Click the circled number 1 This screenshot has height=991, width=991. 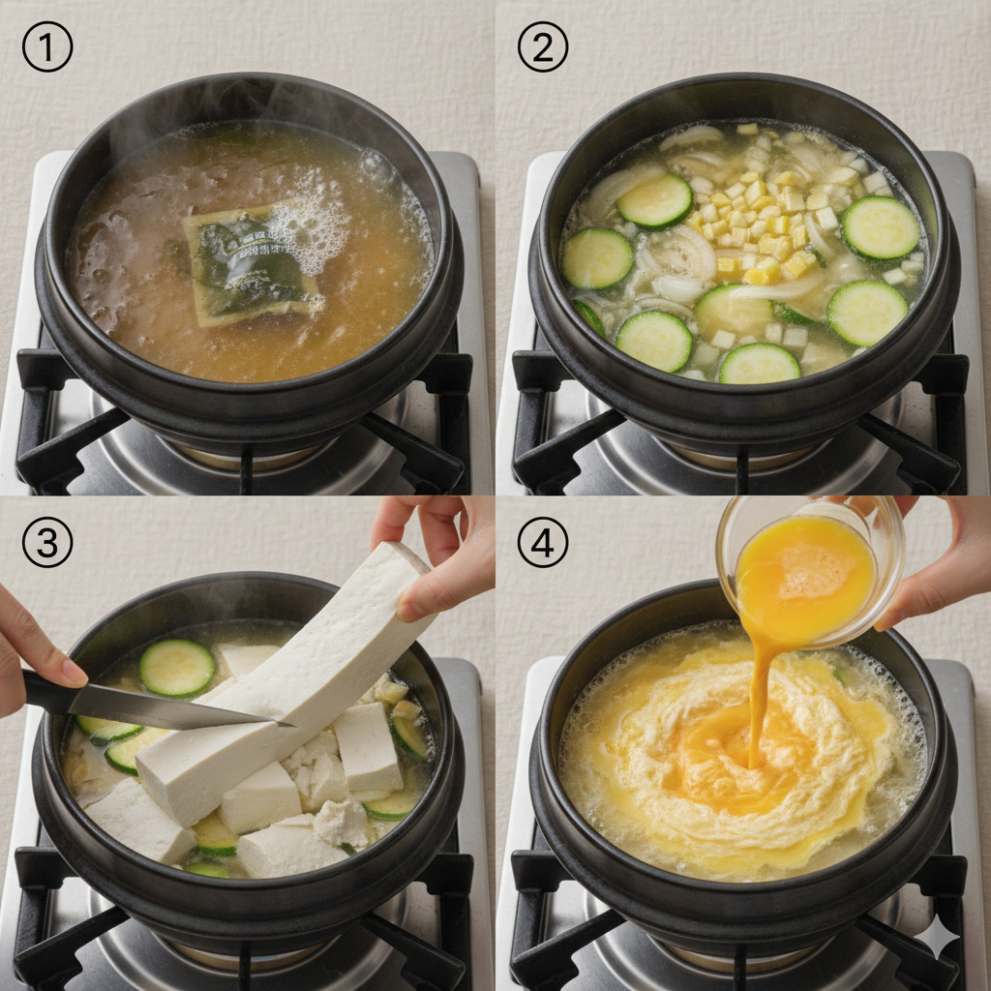47,46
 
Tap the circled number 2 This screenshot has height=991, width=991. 543,46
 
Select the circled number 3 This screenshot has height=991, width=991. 47,542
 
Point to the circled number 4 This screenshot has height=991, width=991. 543,542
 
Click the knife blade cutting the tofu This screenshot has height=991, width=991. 177,706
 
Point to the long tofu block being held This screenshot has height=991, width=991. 285,682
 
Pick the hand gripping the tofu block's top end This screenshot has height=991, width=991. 436,556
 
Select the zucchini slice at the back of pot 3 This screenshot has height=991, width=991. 177,668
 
